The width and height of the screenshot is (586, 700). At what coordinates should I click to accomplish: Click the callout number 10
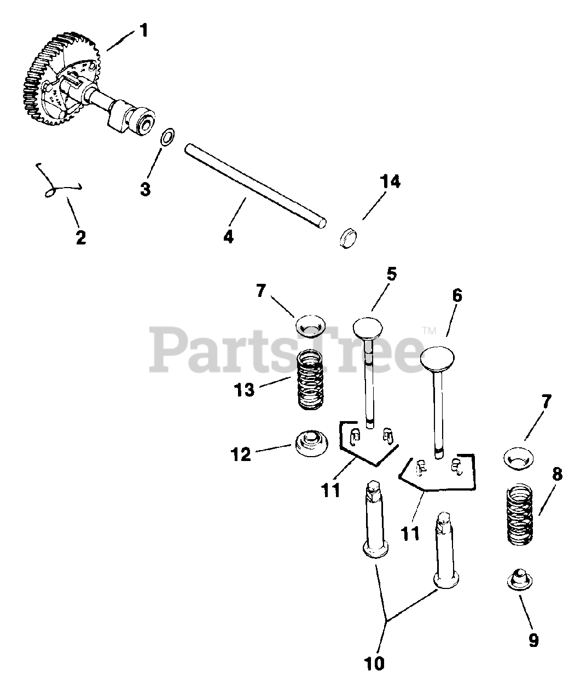tap(374, 663)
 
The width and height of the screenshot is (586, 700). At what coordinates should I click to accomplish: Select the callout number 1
tap(143, 30)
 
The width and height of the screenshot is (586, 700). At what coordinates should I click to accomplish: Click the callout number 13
tap(245, 390)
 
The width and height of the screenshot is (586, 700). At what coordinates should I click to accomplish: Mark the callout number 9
tap(533, 640)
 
